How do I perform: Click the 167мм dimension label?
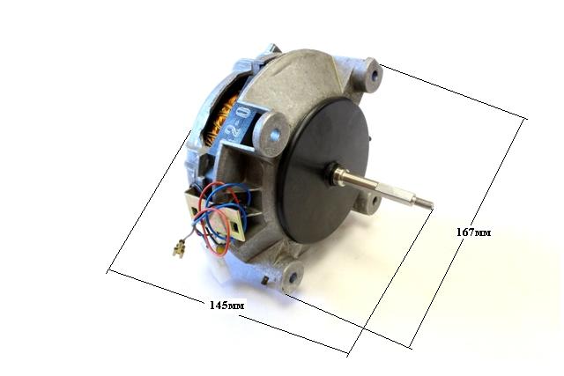pos(473,232)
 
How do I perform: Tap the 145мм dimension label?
pos(227,306)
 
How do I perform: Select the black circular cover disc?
pos(323,172)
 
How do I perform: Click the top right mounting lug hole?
pos(374,75)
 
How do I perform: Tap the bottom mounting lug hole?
pos(293,277)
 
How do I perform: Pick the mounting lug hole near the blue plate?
pos(276,135)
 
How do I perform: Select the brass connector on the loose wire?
pos(178,248)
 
